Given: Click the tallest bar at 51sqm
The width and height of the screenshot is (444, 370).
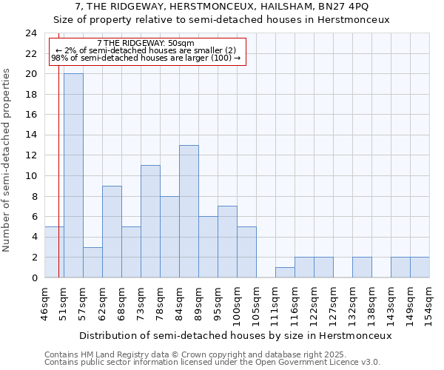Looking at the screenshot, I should coord(73,175).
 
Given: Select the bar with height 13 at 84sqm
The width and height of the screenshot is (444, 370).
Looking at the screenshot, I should coord(189,211).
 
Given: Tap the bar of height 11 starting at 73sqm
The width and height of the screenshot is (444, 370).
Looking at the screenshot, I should coord(150,221).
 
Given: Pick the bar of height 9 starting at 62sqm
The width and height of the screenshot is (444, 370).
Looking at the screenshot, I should coord(112,232).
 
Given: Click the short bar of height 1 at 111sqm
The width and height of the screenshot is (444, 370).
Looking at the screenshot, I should coord(285,272).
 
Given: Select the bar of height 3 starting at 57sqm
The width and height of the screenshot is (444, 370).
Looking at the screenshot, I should coord(92,262).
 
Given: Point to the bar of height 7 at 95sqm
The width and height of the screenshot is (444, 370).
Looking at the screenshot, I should coord(227,241).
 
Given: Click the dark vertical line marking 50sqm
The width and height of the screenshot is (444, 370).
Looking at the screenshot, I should coord(58,185).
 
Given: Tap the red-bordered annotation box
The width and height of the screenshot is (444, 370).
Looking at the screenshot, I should coord(147,51).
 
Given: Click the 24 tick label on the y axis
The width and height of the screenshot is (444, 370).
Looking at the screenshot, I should coord(31,33).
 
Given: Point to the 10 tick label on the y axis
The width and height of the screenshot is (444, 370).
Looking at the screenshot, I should coord(31,176).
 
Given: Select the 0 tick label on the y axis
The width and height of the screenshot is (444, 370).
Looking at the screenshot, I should coord(34,277).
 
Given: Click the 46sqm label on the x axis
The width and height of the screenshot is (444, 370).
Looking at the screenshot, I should coord(44,303).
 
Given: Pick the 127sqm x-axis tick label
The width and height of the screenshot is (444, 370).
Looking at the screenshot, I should coord(333,303).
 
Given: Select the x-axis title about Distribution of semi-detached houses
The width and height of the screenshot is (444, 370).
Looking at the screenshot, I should coord(235,335).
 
